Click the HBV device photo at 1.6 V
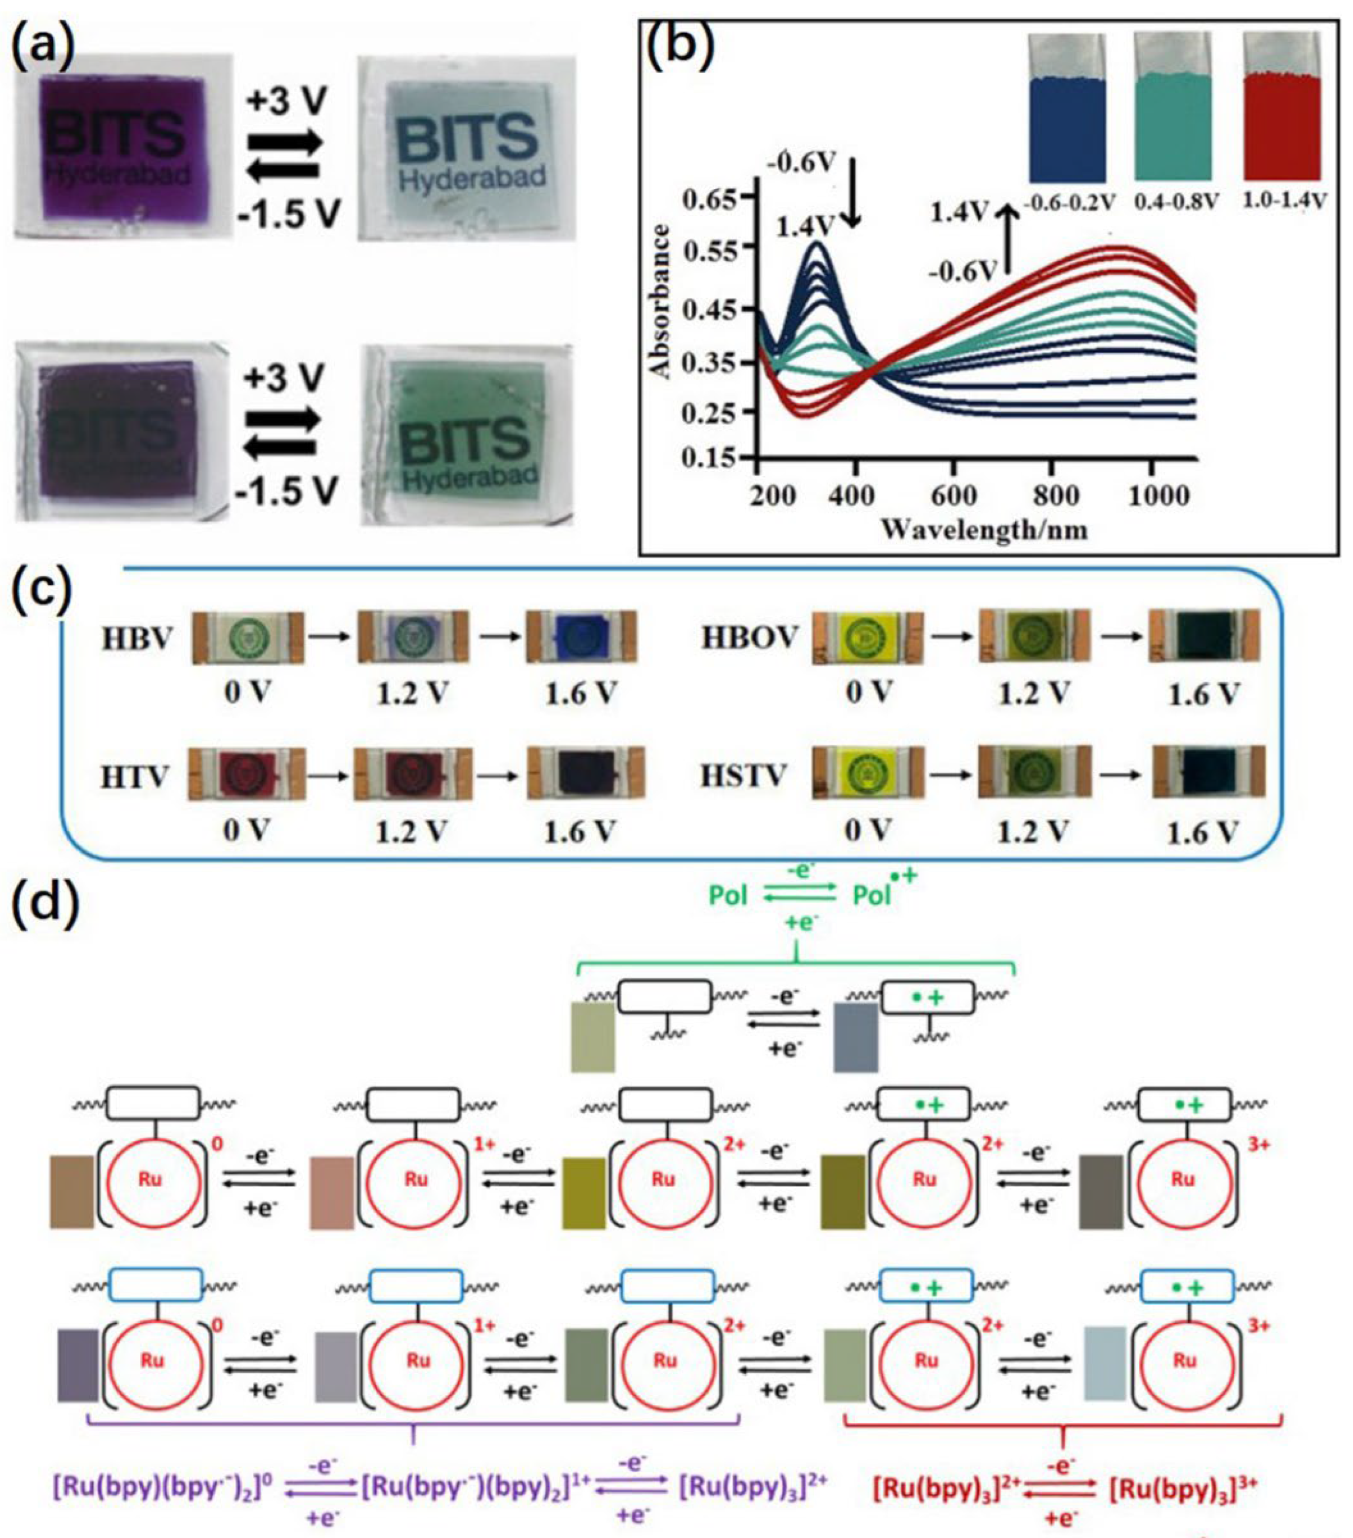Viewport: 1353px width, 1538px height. (x=581, y=637)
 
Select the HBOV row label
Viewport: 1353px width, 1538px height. (x=749, y=638)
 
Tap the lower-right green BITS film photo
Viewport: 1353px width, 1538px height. (x=467, y=434)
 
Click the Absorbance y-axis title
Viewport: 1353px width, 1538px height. (x=660, y=301)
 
